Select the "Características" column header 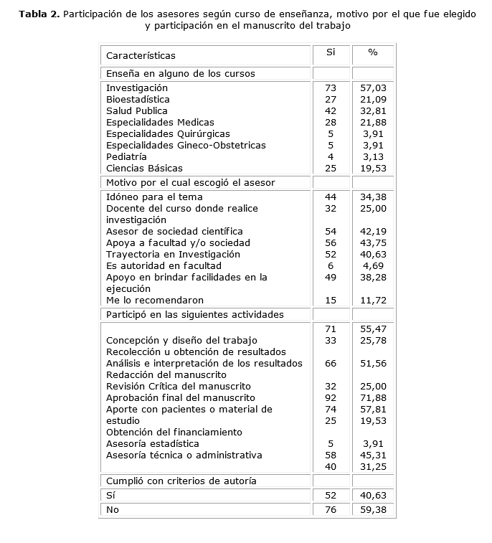[141, 55]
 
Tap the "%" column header [373, 52]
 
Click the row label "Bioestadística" [138, 99]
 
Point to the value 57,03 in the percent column [373, 88]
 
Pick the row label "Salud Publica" [137, 110]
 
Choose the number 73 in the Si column [331, 88]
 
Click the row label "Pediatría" [126, 156]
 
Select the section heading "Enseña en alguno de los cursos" [181, 73]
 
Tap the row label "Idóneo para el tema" [154, 197]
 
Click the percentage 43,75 [373, 242]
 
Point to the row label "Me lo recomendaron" [155, 300]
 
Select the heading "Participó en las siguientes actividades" [195, 314]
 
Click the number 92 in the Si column [331, 397]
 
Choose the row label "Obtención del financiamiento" [174, 432]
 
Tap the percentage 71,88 [373, 397]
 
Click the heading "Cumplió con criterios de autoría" [181, 481]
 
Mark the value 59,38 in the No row [373, 509]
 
